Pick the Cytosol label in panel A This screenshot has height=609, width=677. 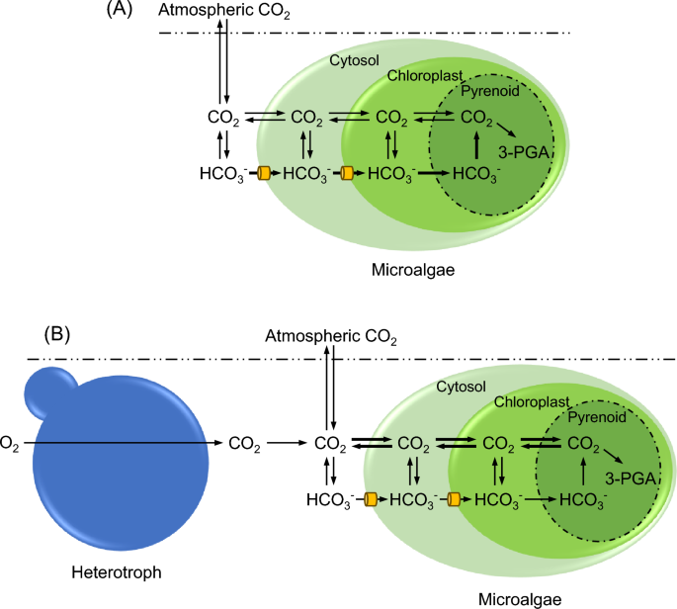351,60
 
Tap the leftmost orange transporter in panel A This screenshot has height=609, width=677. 264,174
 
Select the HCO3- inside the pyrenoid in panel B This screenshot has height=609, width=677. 584,501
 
